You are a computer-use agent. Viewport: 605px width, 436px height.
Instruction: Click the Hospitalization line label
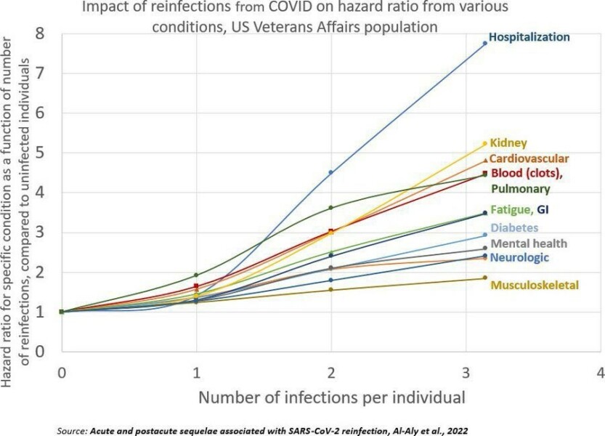[529, 36]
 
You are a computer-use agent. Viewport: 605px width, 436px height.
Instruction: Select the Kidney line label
[508, 143]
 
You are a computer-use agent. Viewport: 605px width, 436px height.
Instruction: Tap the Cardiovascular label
[529, 158]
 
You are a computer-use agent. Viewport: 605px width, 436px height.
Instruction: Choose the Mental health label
[529, 243]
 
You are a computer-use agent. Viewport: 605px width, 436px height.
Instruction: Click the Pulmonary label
[520, 189]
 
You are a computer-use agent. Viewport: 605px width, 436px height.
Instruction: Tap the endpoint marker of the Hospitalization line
[484, 44]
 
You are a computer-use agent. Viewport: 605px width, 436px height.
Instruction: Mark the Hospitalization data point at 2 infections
[331, 172]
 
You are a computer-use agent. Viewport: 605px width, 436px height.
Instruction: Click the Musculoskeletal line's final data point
[484, 278]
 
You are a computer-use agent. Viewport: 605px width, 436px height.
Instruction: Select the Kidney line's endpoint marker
[484, 144]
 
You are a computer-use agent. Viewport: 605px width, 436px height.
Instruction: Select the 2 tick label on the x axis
[331, 372]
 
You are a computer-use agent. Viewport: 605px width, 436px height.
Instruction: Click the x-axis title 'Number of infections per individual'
[331, 397]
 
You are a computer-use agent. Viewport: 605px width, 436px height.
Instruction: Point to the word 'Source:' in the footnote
[71, 430]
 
